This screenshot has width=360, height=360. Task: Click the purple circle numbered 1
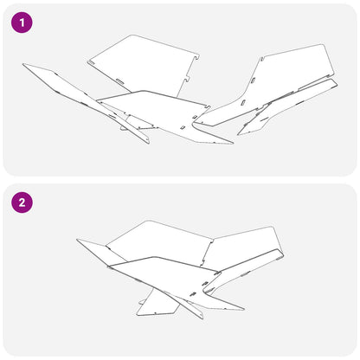click(22, 22)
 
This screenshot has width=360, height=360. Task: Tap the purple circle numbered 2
click(22, 202)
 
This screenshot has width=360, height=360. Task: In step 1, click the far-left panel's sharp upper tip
click(23, 64)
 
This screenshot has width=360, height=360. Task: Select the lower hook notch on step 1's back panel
click(187, 79)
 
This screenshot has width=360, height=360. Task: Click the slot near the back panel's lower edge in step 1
click(119, 80)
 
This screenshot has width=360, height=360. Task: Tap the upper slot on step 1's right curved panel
click(254, 80)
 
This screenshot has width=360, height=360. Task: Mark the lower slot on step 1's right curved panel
click(243, 103)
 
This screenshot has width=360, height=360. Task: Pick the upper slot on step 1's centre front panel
click(195, 116)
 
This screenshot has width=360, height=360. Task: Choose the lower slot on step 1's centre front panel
click(183, 127)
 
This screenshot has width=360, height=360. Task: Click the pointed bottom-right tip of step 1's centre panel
click(233, 143)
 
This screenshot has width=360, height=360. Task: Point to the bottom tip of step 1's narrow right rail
click(239, 134)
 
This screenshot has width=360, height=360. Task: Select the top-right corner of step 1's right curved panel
click(324, 45)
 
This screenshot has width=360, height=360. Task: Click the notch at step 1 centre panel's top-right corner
click(206, 106)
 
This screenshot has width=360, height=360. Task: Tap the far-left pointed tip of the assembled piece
click(77, 240)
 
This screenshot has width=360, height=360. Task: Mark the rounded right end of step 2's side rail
click(281, 254)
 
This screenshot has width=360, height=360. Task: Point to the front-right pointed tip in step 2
click(244, 309)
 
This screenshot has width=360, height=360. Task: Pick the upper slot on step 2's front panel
click(206, 283)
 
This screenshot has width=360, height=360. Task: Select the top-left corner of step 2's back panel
click(107, 247)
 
